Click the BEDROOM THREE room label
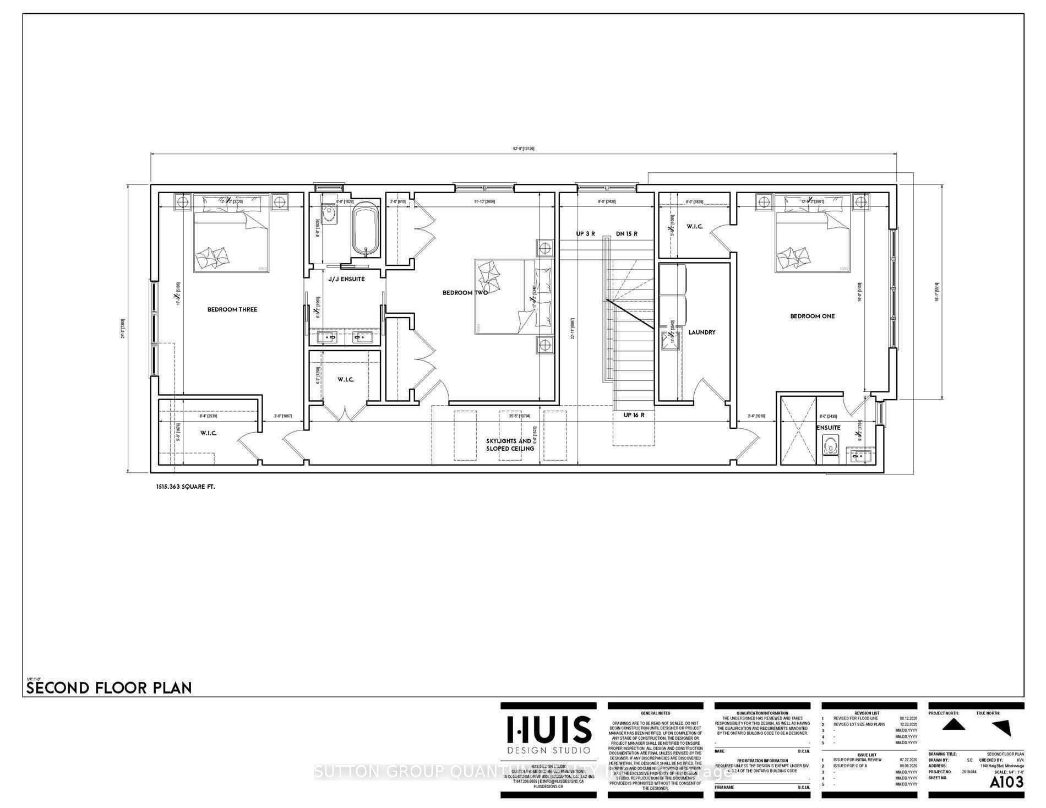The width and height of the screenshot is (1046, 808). (232, 309)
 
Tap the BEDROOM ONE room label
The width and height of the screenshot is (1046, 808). (812, 316)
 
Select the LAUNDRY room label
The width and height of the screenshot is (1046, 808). (701, 332)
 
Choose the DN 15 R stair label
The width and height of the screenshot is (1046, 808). (626, 234)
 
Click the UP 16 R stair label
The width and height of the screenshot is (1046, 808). (634, 415)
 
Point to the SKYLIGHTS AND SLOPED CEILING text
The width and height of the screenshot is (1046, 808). (509, 445)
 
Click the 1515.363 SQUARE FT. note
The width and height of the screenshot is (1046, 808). (186, 487)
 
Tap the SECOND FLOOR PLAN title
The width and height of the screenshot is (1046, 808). (110, 687)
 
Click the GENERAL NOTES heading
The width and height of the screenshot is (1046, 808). (655, 713)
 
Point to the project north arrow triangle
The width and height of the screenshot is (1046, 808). (954, 725)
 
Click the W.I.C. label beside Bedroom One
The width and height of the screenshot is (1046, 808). (694, 227)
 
